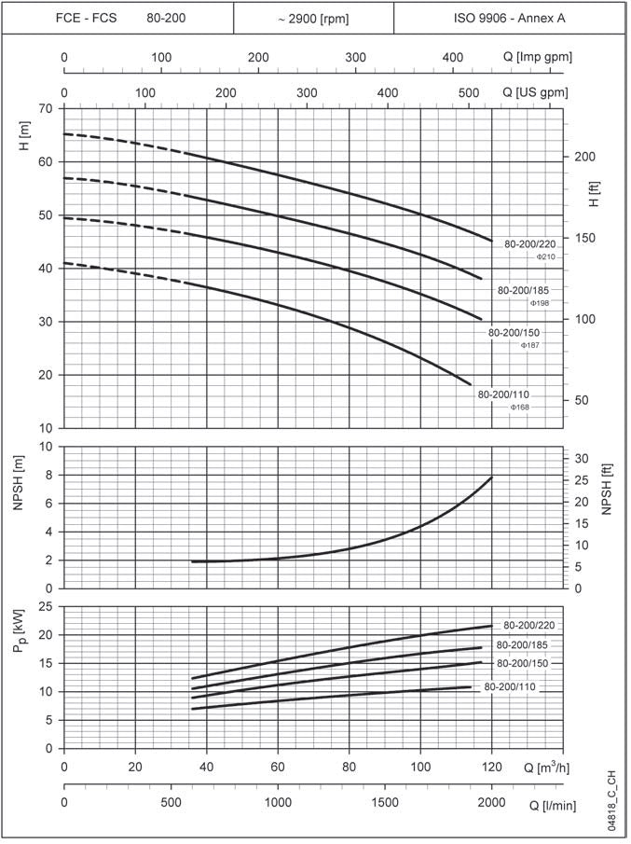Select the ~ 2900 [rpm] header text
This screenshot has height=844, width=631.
point(313,18)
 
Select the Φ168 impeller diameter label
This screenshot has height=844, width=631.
point(520,408)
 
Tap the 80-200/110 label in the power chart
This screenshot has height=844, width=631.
point(511,687)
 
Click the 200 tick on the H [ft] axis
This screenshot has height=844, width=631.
point(583,157)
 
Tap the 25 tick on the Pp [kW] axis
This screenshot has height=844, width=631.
point(47,606)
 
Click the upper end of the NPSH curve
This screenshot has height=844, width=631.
point(491,477)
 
